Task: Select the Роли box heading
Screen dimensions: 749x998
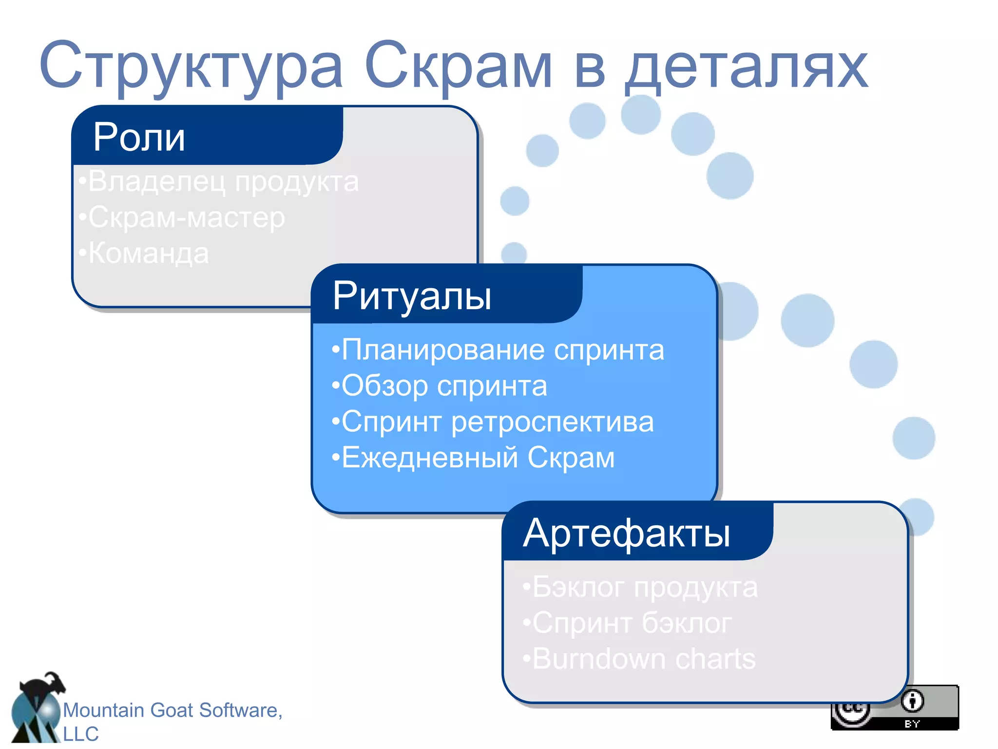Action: (x=139, y=137)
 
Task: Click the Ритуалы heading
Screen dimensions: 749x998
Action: (x=412, y=296)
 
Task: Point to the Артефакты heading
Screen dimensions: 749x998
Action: (x=626, y=533)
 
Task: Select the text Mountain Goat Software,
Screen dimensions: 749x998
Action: (x=173, y=710)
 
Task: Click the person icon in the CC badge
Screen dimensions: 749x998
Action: (x=912, y=701)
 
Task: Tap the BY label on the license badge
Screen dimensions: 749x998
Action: (x=912, y=724)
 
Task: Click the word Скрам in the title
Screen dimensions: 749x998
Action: (x=458, y=66)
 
